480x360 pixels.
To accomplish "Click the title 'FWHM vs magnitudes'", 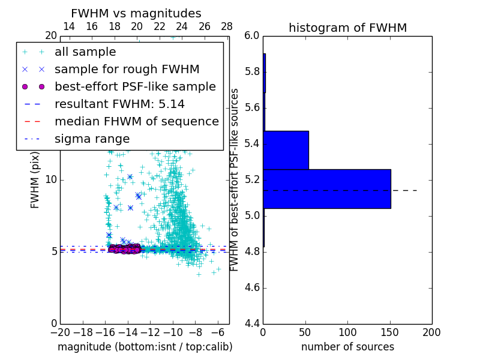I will pos(136,13).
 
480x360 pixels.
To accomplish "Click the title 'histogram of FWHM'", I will pos(347,28).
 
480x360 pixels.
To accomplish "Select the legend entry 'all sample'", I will pos(85,52).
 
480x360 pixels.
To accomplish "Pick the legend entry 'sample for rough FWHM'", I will pos(127,69).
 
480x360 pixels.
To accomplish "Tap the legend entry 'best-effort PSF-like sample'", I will pos(135,86).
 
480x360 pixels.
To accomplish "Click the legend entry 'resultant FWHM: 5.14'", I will pos(119,104).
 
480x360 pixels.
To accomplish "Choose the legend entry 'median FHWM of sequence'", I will pos(136,121).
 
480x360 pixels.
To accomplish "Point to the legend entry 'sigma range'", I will pos(92,139).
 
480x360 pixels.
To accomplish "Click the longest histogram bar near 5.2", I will pos(327,189).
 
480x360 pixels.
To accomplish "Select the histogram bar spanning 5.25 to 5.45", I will pos(286,150).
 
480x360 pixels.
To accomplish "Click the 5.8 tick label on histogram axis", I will pos(251,72).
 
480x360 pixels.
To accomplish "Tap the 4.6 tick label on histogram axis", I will pos(251,287).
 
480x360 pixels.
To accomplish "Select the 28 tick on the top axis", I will pos(227,26).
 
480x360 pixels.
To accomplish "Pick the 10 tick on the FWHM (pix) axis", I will pos(51,179).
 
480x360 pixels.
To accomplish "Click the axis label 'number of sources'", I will pos(347,347).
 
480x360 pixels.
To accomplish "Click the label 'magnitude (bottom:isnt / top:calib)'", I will pos(145,347).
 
